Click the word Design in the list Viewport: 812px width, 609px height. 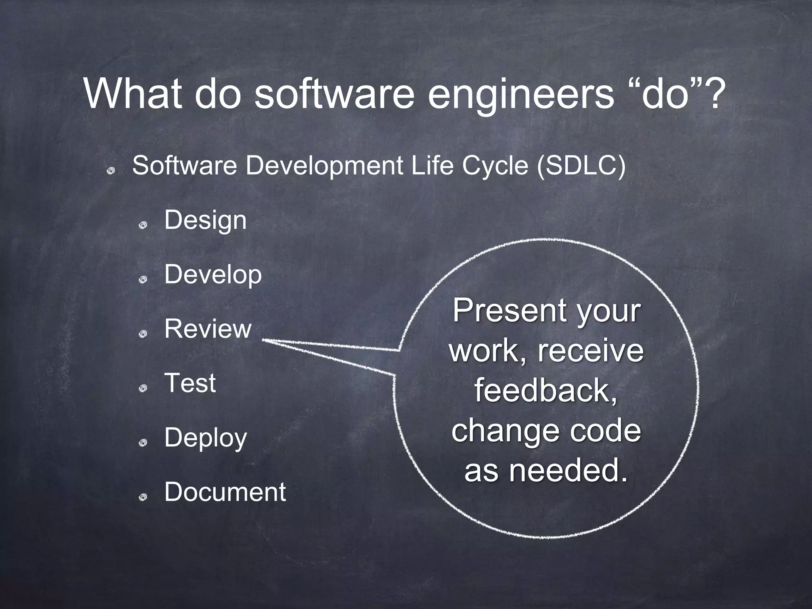[x=205, y=220]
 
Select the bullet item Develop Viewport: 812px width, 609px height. [x=213, y=274]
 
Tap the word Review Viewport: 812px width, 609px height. [x=208, y=329]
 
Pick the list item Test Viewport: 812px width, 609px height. [x=190, y=383]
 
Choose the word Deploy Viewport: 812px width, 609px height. [x=205, y=438]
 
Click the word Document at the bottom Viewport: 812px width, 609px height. [x=225, y=492]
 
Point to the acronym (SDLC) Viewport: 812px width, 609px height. [x=581, y=165]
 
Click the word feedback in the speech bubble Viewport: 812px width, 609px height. [x=546, y=391]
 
